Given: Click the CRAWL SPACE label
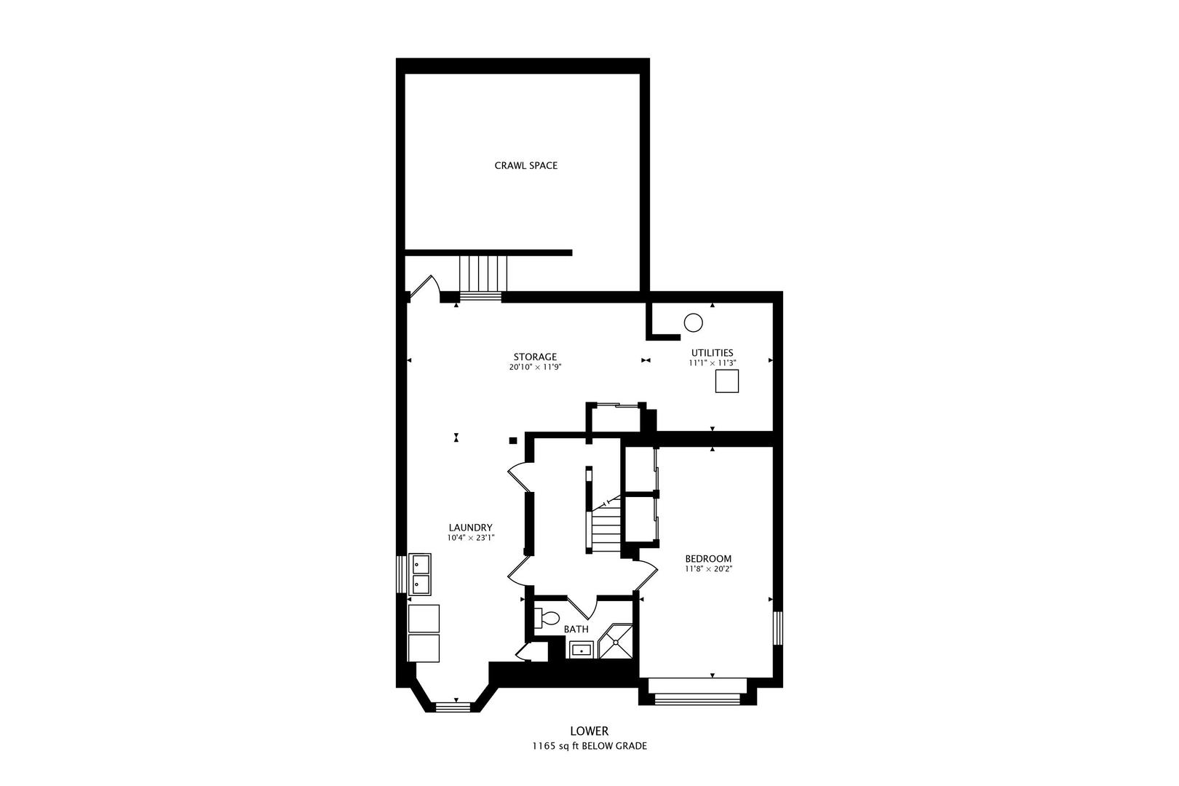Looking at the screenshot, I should [525, 165].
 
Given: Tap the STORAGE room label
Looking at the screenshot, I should [535, 357].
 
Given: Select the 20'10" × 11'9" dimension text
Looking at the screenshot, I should [535, 368].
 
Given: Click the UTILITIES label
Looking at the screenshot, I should [712, 353].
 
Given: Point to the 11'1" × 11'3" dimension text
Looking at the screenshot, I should [712, 362].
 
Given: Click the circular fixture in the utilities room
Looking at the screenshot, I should [693, 322].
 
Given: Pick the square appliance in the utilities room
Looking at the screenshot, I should [726, 381].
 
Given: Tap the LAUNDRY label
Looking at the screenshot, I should [470, 528].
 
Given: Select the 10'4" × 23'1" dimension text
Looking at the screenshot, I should [470, 538].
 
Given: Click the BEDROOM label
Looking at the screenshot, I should [708, 559].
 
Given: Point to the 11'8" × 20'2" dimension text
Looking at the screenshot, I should [708, 569].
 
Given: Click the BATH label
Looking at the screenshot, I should [576, 630].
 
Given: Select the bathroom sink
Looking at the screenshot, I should [581, 650].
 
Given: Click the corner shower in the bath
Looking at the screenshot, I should [616, 642].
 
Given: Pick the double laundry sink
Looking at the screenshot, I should [421, 573].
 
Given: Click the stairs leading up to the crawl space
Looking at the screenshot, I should [483, 274].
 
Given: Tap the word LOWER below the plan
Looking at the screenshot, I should [589, 731].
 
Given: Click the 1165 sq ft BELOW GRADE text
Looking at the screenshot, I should [589, 746].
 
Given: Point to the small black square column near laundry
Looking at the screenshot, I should [512, 440].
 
